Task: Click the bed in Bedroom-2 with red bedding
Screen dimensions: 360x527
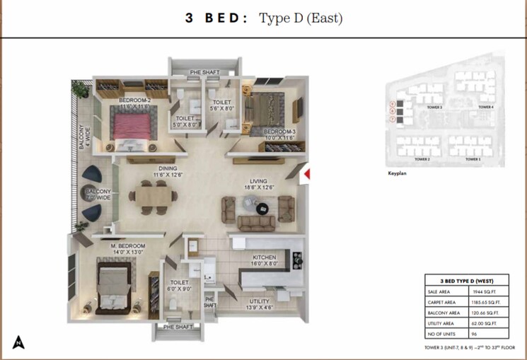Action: click(x=132, y=127)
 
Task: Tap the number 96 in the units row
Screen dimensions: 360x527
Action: click(x=475, y=333)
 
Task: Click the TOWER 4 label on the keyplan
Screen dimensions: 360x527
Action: click(x=485, y=108)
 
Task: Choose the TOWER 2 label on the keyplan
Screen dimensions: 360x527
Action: click(x=422, y=160)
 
